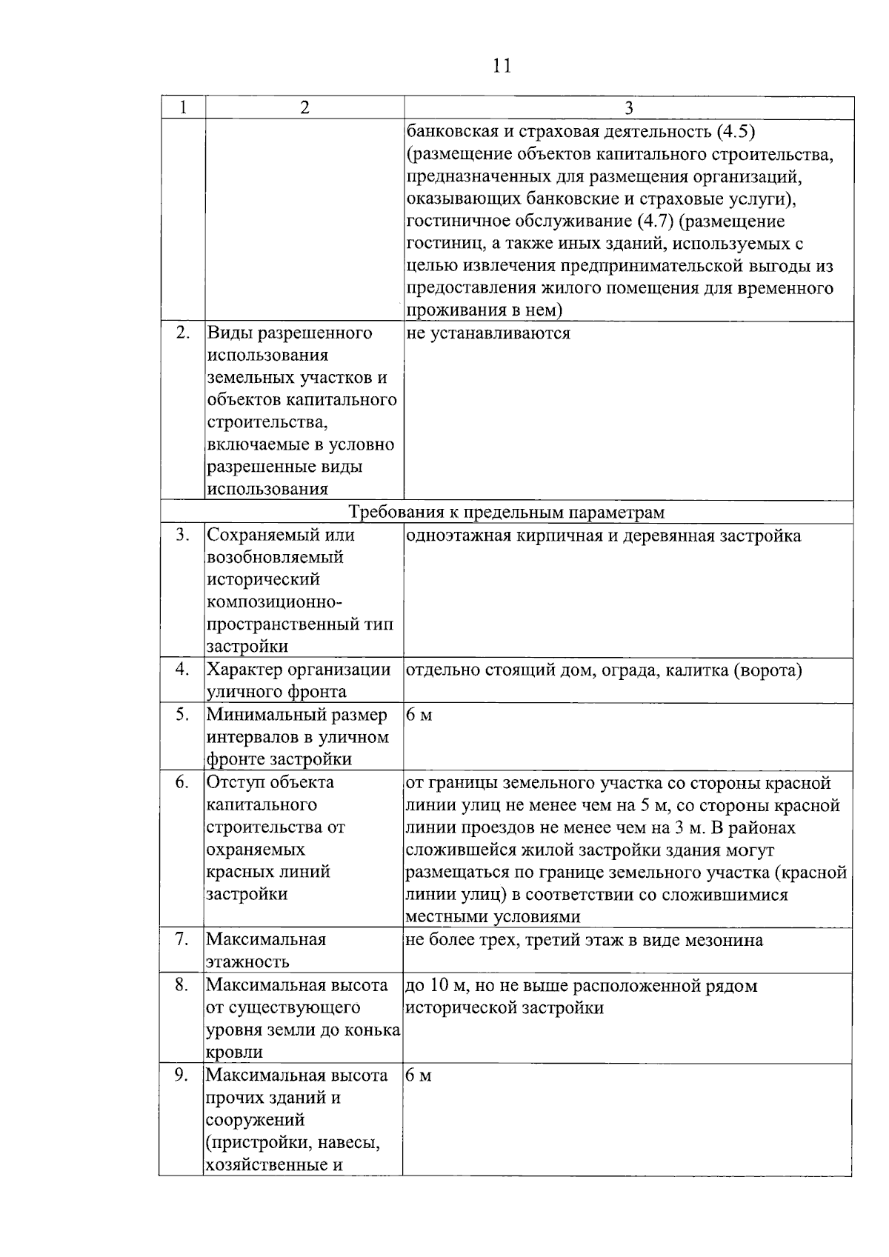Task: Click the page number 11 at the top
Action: coord(502,66)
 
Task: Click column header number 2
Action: coord(304,107)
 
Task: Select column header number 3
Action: coord(628,108)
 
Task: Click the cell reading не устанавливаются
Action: coord(489,333)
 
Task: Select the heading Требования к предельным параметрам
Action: coord(507,513)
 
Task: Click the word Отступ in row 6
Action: coord(233,783)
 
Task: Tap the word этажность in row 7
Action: coord(247,963)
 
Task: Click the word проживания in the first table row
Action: coord(453,310)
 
